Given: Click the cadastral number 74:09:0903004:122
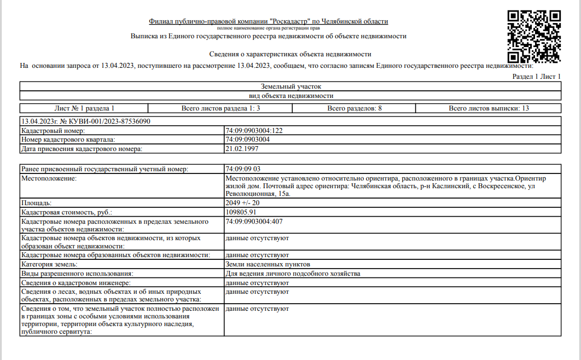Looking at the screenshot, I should (254, 131).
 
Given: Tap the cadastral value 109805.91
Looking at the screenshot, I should (241, 212).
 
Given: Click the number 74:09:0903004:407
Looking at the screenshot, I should (254, 221).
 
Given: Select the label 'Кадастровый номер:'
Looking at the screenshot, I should (53, 131).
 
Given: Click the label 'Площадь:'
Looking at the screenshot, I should (36, 203).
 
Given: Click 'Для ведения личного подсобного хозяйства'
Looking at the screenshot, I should (293, 273).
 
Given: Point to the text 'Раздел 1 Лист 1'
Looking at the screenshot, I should (536, 77).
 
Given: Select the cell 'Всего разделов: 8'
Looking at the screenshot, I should (355, 108).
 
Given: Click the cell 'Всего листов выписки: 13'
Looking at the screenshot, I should (489, 108).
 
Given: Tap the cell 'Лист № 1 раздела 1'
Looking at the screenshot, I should (84, 108).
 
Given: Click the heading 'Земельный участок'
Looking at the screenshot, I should (290, 86).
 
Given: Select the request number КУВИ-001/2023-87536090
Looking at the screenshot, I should (104, 121).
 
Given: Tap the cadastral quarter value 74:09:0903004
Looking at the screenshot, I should (247, 140).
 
